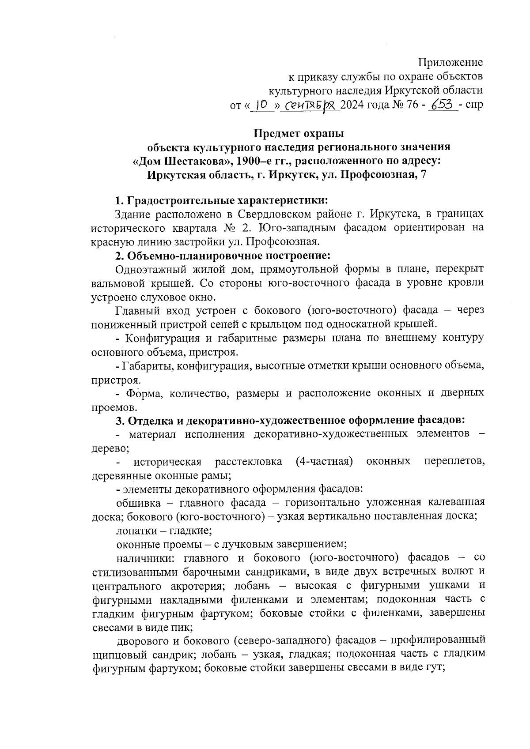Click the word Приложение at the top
tap(450, 62)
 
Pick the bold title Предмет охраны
tap(299, 133)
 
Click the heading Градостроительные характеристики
tap(227, 201)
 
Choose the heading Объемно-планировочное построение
tap(229, 256)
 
